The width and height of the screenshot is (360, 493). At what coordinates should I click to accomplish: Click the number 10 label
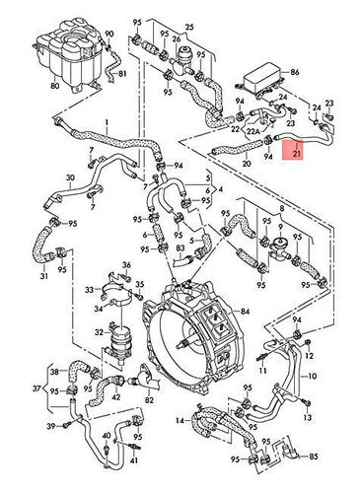pos(314,376)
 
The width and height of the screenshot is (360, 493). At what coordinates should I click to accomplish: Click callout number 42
pos(118,393)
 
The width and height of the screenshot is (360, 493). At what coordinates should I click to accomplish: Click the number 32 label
pos(100,332)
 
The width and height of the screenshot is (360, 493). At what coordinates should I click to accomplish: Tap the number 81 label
pos(122,75)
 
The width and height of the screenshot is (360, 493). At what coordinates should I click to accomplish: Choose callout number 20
pos(220,161)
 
